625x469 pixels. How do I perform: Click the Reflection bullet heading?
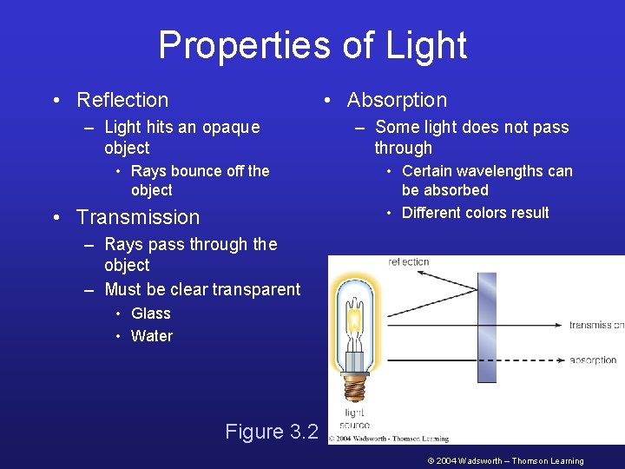point(122,101)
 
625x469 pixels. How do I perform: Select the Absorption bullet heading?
point(397,101)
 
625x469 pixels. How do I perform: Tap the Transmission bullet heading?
point(138,217)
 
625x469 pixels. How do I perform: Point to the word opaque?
point(231,128)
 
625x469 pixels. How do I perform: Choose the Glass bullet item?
point(151,314)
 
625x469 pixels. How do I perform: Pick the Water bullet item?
point(152,336)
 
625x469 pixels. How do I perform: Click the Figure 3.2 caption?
point(272,432)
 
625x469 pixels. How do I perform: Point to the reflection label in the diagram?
point(409,261)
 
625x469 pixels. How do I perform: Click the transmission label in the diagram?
point(596,326)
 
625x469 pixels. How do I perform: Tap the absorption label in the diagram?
point(594,360)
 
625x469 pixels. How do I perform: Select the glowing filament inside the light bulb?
point(354,320)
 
